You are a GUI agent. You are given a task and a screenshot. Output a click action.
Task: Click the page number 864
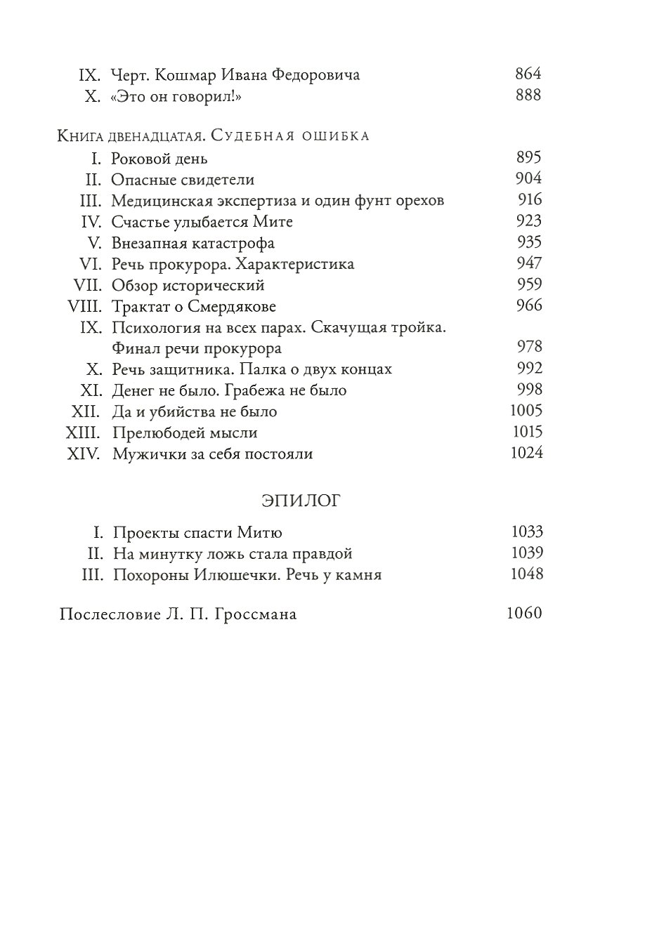click(528, 74)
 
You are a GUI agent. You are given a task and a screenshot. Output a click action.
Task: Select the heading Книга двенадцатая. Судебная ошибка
click(213, 136)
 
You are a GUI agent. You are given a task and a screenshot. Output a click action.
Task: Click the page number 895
click(528, 157)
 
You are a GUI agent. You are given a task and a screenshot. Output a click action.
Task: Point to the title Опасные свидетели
click(183, 180)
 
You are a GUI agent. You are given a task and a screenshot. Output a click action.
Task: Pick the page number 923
click(528, 221)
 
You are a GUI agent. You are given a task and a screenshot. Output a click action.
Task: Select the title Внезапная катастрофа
click(193, 244)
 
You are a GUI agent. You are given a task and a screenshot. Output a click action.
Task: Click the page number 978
click(528, 347)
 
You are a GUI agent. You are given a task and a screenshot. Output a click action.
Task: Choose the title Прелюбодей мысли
click(185, 432)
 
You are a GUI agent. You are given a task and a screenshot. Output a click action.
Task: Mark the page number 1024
click(526, 453)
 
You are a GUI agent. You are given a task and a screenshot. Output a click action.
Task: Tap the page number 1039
click(526, 553)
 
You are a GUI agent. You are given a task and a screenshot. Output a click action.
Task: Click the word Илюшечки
click(246, 575)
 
